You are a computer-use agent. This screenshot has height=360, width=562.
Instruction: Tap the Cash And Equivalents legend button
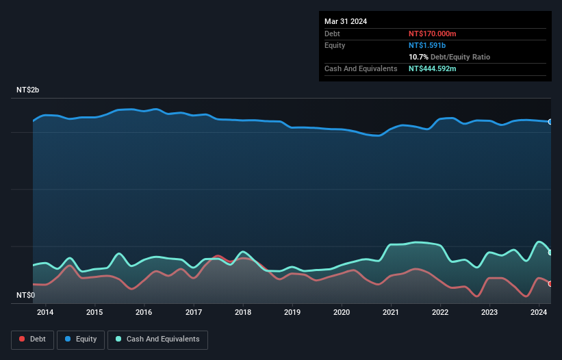coord(157,339)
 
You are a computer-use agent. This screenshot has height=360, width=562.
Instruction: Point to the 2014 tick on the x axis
coord(45,313)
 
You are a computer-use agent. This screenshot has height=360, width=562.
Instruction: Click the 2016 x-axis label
coord(144,313)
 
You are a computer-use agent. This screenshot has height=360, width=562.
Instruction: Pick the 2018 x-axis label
coord(242,313)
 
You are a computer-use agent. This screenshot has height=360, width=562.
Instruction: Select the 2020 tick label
coord(342,313)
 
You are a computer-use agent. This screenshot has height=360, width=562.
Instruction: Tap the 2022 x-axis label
coord(440,313)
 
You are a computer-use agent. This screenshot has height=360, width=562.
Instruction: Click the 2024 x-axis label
coord(539,313)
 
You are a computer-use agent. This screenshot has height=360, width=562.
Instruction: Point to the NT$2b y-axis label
coord(28,90)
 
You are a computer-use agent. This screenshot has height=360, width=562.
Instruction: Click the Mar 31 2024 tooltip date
coord(346,21)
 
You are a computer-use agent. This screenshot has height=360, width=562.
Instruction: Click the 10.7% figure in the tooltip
coord(418,57)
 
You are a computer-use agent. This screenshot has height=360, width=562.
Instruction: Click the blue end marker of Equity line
coord(550,122)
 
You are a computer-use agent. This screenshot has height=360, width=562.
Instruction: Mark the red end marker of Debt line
coord(550,283)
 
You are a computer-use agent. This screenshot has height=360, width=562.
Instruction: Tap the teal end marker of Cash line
coord(550,253)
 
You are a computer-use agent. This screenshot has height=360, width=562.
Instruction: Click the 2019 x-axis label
coord(292,313)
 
